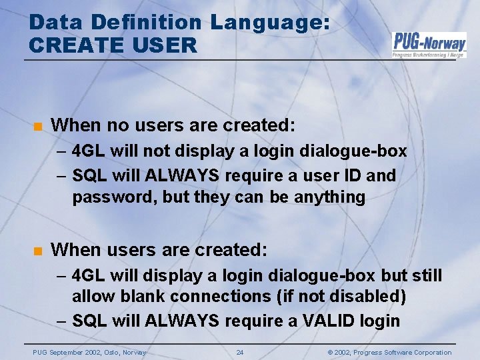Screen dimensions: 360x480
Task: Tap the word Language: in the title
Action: (270, 22)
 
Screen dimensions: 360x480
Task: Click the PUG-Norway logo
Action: (429, 45)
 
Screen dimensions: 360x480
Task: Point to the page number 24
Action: (240, 352)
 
